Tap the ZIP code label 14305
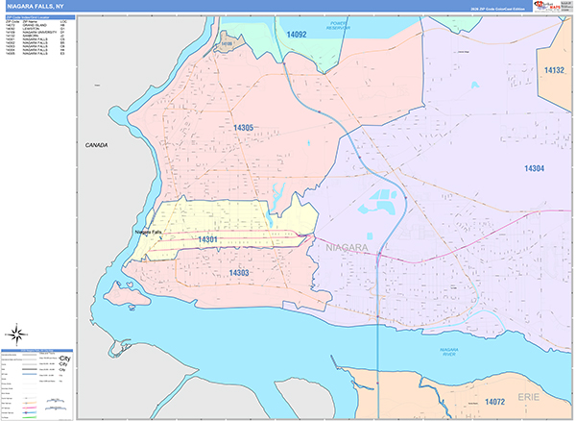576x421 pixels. (x=242, y=128)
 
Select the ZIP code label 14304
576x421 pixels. (x=534, y=168)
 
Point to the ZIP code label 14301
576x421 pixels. (x=208, y=239)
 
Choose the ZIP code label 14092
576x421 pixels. (x=297, y=35)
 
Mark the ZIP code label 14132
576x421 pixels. (x=554, y=70)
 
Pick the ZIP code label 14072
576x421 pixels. (x=495, y=401)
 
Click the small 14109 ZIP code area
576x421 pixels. (x=227, y=43)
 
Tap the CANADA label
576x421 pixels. (x=97, y=145)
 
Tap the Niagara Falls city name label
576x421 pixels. (x=149, y=232)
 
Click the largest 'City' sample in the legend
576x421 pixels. (x=64, y=359)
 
